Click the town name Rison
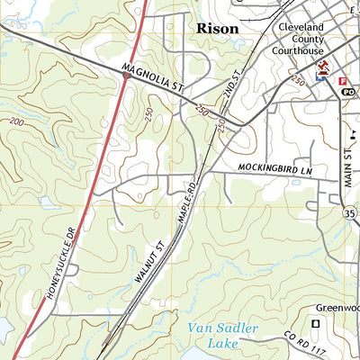pos(217,29)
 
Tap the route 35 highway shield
pos(351,214)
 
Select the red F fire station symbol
pos(343,81)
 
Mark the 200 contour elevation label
pos(17,121)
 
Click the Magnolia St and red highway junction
pos(127,76)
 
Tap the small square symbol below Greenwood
pos(315,323)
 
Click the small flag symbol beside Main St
pos(353,133)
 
